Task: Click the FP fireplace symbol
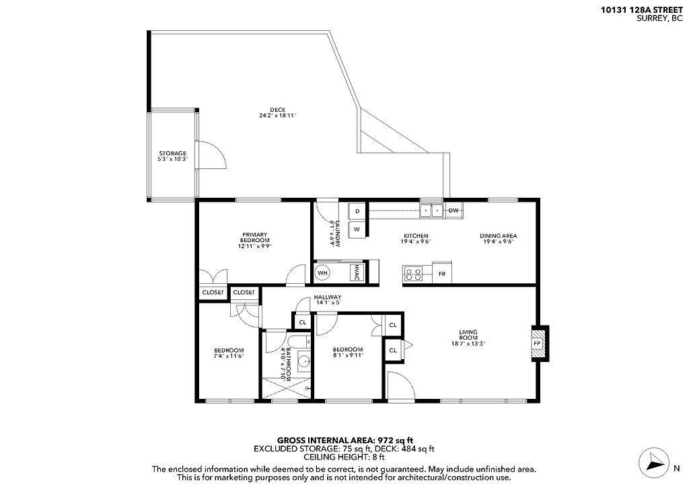(538, 342)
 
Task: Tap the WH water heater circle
(323, 272)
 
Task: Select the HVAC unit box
(357, 272)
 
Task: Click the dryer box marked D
(357, 211)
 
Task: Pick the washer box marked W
(357, 229)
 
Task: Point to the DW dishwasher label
(454, 211)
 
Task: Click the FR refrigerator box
(441, 274)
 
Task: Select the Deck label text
(278, 112)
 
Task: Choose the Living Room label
(468, 334)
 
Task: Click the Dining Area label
(498, 235)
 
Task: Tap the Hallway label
(328, 297)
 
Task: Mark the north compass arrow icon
(653, 462)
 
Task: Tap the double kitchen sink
(431, 211)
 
